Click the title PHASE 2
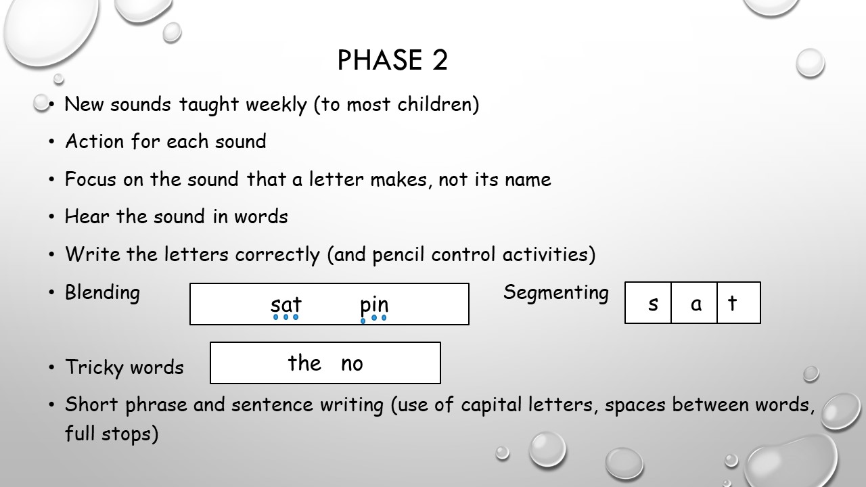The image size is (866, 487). click(x=392, y=60)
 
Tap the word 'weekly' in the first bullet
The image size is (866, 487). click(x=276, y=105)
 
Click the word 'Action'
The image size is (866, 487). click(x=94, y=141)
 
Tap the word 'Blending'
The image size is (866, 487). click(x=102, y=293)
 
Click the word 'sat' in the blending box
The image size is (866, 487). click(x=286, y=304)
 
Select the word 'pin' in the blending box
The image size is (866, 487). click(x=374, y=305)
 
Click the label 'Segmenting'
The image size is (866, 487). click(x=556, y=293)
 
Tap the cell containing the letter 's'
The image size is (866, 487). click(x=648, y=302)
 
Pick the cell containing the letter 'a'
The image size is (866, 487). click(x=694, y=302)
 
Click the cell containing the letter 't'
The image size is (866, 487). click(x=739, y=302)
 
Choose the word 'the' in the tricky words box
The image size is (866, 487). click(x=304, y=363)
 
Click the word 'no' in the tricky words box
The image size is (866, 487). click(x=352, y=365)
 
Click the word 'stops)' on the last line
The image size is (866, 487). click(x=130, y=434)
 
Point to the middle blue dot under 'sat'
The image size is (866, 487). click(x=286, y=317)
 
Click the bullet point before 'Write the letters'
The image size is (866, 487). click(x=52, y=255)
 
